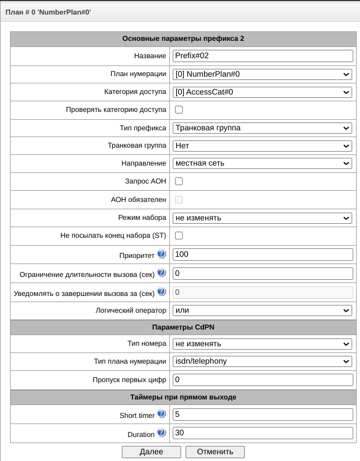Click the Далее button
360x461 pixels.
point(151,451)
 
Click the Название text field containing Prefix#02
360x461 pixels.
point(263,56)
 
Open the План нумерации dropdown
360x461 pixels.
point(263,74)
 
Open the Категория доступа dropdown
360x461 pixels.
point(263,92)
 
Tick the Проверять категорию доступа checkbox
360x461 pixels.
point(179,110)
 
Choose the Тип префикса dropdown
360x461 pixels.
point(263,128)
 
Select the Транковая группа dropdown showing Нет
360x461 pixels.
point(263,145)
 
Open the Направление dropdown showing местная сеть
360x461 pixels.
point(263,163)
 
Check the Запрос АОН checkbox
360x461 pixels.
point(179,181)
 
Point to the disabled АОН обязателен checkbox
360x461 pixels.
point(179,199)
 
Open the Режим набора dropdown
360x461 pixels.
point(263,218)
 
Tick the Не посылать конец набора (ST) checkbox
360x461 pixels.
point(179,236)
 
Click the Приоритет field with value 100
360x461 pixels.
point(263,255)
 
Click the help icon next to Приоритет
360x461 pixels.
point(162,254)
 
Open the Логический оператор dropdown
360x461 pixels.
point(263,310)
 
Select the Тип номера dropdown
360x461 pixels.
point(263,344)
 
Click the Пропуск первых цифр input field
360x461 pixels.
point(263,380)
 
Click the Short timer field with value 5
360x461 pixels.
point(263,415)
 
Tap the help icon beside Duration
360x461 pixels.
point(162,433)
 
